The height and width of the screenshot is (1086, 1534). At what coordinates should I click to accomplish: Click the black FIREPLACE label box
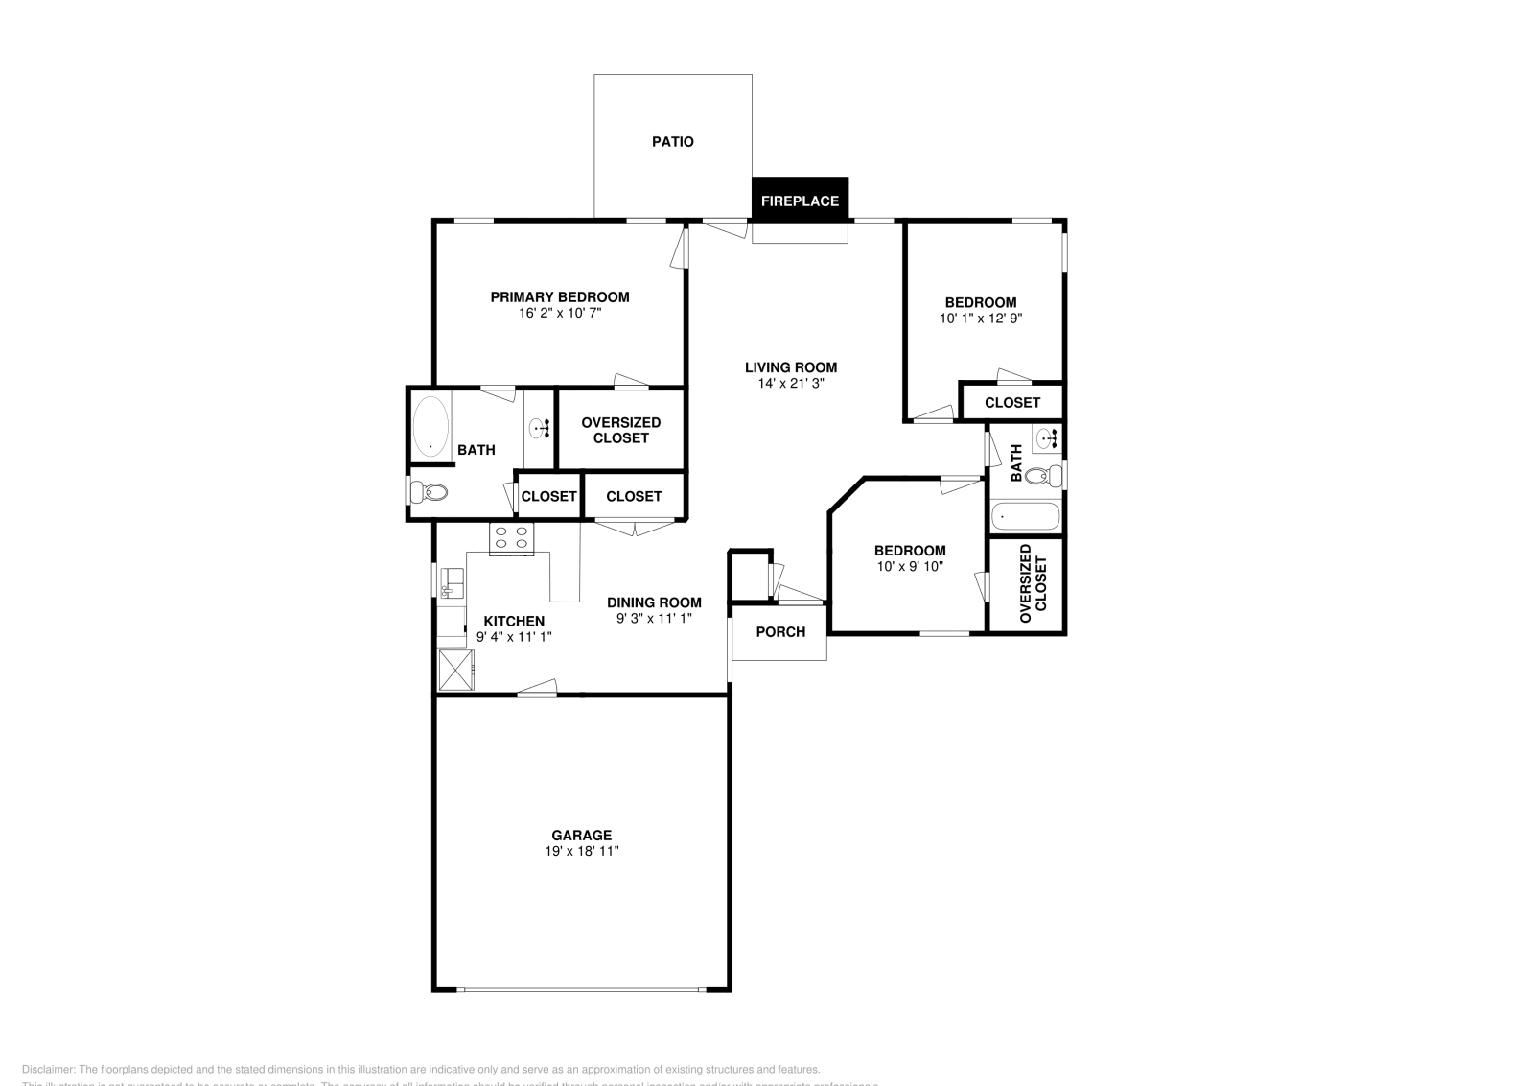pyautogui.click(x=800, y=201)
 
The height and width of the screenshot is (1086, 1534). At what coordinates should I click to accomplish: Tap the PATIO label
pyautogui.click(x=673, y=142)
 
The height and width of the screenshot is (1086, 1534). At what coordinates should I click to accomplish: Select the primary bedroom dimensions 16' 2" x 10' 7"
pyautogui.click(x=560, y=313)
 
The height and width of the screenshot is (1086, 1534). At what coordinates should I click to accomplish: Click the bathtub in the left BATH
pyautogui.click(x=430, y=427)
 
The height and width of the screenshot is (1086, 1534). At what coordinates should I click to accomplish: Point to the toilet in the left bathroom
pyautogui.click(x=429, y=493)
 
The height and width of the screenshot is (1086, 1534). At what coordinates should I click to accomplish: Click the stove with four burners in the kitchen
pyautogui.click(x=511, y=539)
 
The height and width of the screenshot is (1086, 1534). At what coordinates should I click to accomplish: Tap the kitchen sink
pyautogui.click(x=452, y=582)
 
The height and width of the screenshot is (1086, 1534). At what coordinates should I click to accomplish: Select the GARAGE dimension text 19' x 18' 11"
pyautogui.click(x=581, y=851)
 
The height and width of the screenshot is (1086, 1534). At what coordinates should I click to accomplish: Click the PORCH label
pyautogui.click(x=780, y=632)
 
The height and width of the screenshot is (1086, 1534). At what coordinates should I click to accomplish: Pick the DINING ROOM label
pyautogui.click(x=654, y=602)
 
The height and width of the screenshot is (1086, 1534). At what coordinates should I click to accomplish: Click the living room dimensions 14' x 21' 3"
pyautogui.click(x=791, y=383)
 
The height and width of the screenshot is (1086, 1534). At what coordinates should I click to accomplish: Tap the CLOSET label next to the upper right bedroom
pyautogui.click(x=1012, y=403)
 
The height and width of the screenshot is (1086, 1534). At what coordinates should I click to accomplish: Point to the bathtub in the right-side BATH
pyautogui.click(x=1025, y=517)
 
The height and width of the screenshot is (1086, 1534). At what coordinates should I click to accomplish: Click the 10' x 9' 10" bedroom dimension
pyautogui.click(x=910, y=566)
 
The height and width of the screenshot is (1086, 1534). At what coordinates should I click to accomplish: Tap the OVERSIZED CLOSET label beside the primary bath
pyautogui.click(x=621, y=430)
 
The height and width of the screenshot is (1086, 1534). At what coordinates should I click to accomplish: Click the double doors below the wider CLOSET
pyautogui.click(x=634, y=527)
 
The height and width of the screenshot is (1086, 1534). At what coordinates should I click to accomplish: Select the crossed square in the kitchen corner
pyautogui.click(x=456, y=670)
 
